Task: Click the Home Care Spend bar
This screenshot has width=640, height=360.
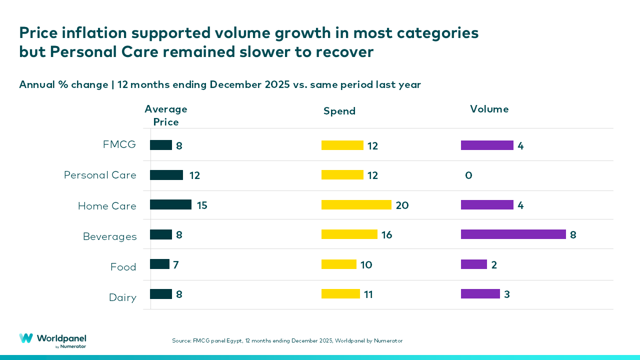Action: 356,205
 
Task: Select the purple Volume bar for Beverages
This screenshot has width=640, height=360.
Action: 513,234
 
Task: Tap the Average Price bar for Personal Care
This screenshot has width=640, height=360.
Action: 166,175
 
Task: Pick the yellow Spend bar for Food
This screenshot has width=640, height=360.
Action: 339,264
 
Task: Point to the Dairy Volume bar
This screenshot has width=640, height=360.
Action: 480,294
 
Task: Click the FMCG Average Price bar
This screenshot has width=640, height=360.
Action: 161,145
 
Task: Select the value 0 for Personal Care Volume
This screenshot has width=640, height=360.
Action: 468,175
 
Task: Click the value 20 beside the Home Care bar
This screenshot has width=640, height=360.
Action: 402,205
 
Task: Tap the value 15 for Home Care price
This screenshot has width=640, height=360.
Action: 202,205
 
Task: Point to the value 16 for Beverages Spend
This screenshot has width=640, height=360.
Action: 386,235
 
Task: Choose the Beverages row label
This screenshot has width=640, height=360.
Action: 109,237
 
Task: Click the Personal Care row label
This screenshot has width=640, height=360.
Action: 100,175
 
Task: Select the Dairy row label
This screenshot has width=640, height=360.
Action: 122,298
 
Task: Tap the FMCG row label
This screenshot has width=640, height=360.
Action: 119,145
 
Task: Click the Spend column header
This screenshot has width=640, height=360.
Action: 339,111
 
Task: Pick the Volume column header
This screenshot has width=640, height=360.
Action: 489,109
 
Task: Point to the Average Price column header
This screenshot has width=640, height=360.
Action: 166,115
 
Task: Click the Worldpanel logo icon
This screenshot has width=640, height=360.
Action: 26,338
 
